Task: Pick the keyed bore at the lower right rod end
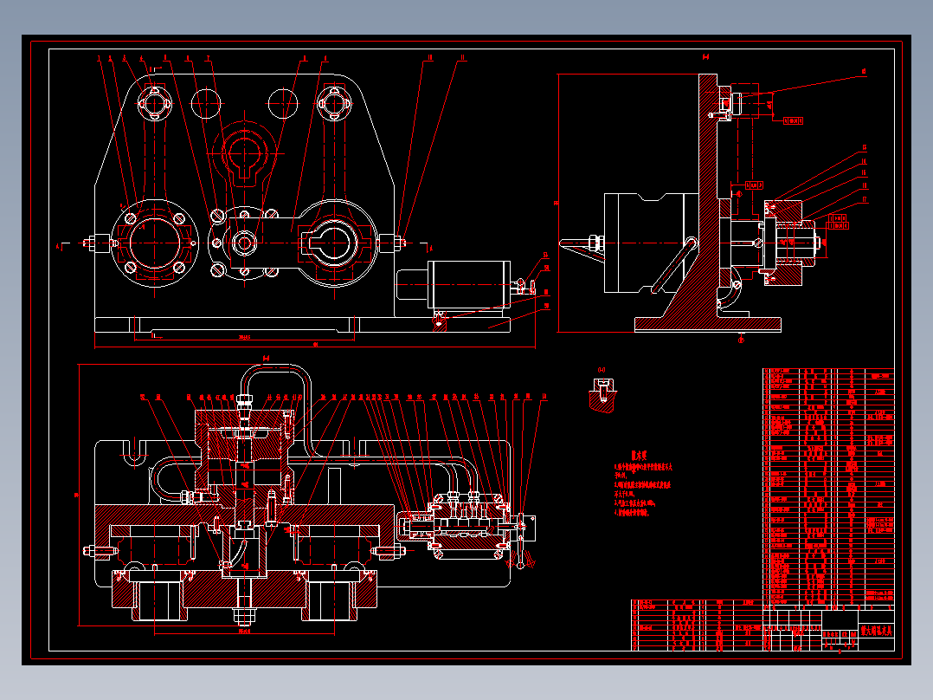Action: (x=333, y=243)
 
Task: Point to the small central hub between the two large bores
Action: (x=245, y=243)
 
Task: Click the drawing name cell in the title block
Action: (x=875, y=631)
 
